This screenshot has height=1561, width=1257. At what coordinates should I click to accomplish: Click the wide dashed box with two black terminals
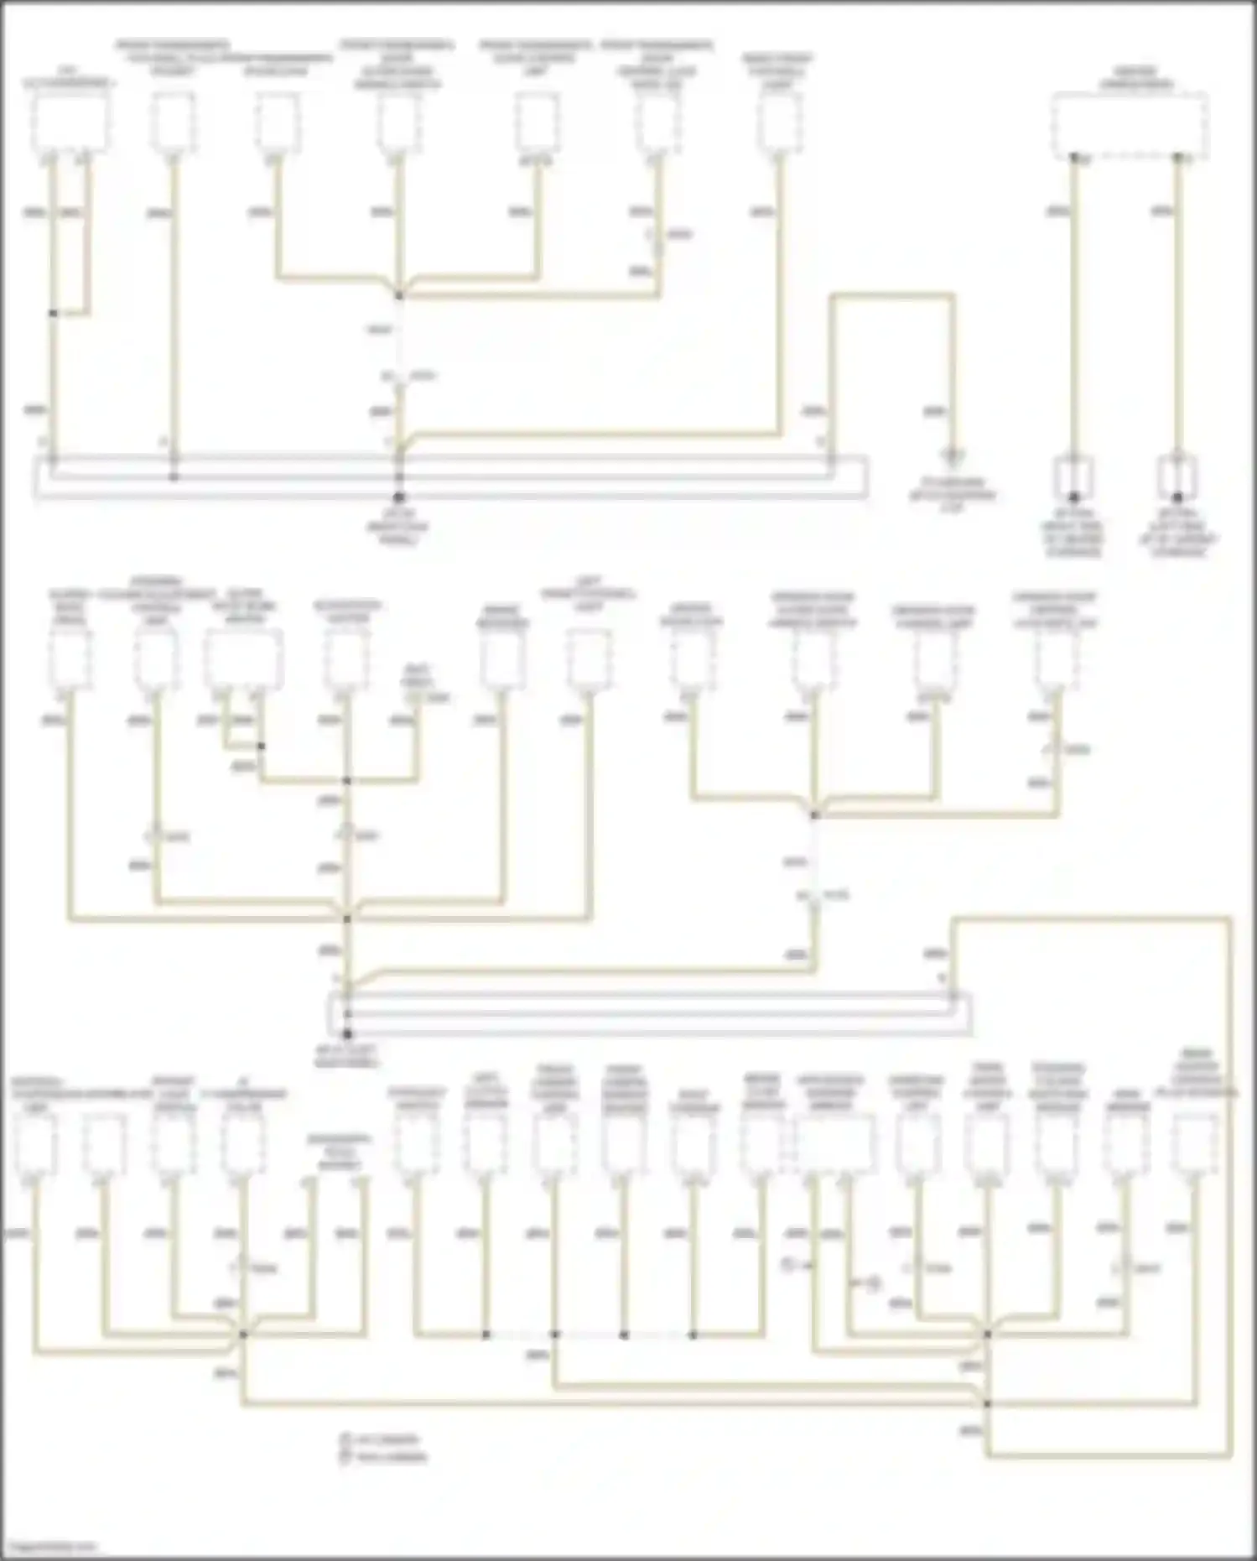click(1129, 125)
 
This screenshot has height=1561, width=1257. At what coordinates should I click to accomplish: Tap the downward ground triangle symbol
click(953, 458)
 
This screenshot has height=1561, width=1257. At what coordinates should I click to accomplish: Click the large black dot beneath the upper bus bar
click(399, 498)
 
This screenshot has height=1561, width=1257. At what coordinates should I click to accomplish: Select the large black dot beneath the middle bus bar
click(347, 1034)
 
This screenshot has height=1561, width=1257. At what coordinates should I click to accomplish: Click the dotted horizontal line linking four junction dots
click(590, 1335)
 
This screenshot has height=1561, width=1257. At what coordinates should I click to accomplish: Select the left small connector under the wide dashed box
click(1073, 478)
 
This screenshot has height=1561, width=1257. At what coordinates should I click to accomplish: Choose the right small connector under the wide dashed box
click(1177, 478)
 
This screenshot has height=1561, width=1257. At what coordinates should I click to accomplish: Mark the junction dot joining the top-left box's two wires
click(53, 314)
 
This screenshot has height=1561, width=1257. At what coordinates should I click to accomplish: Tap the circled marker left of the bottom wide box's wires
click(788, 1262)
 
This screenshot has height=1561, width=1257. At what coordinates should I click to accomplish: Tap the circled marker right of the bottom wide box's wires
click(872, 1283)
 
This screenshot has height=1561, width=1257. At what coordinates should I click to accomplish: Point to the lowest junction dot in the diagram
click(988, 1403)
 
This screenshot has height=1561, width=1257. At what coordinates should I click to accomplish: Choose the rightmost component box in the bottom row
click(1195, 1145)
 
